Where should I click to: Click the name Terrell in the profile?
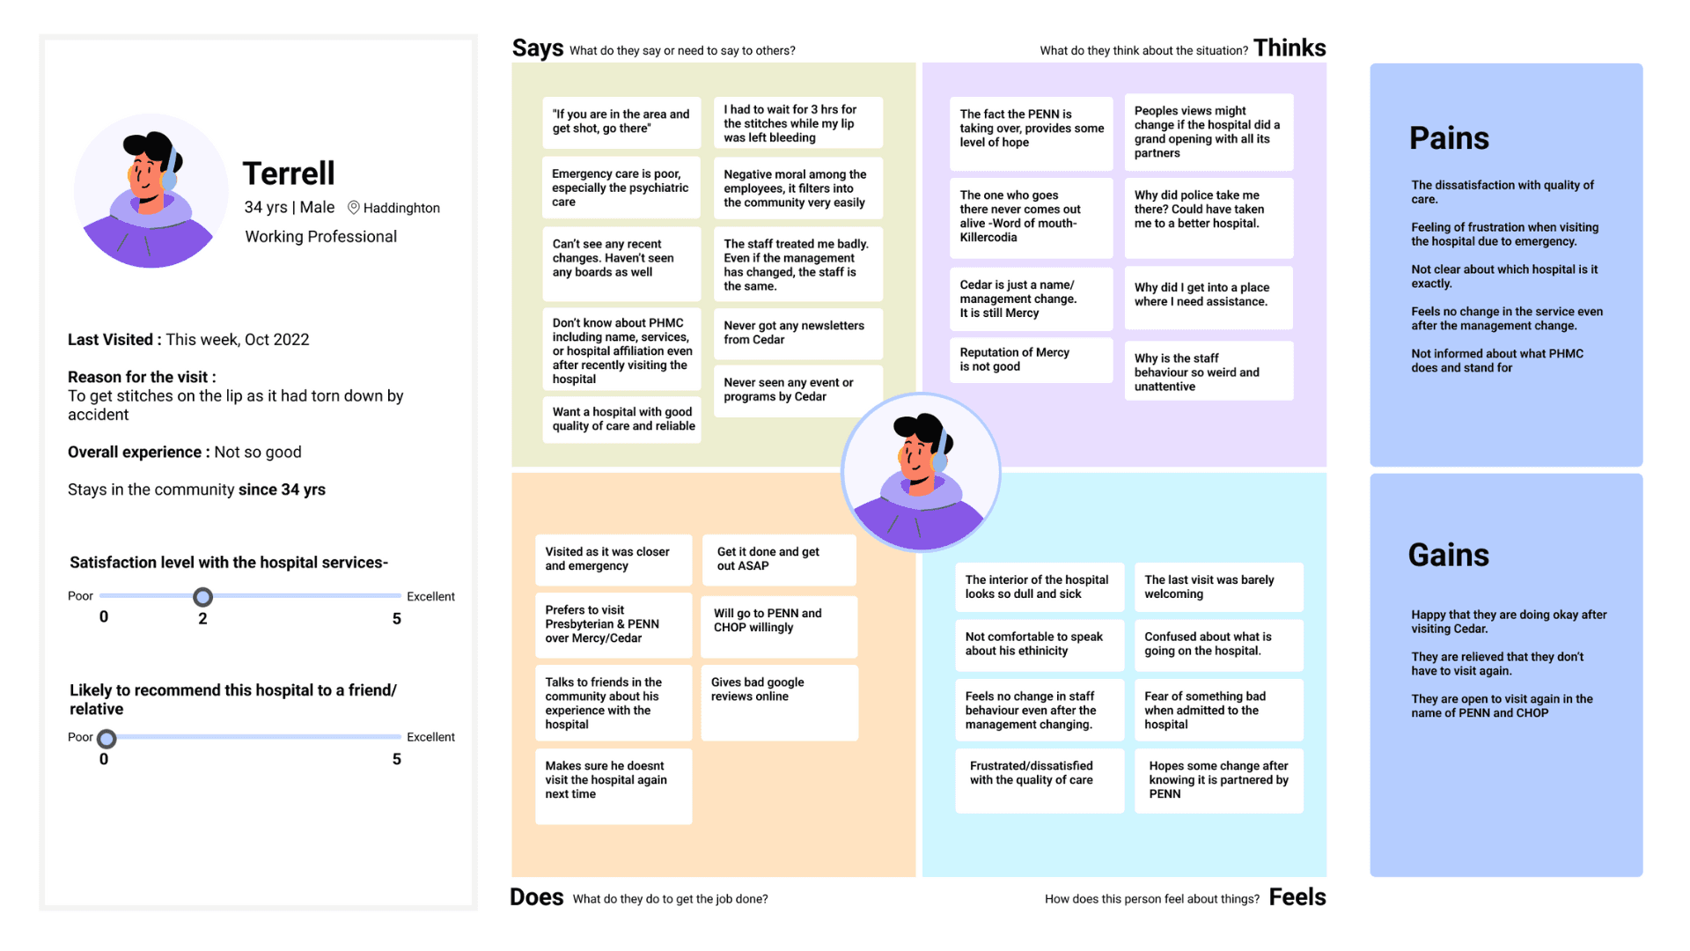pos(289,173)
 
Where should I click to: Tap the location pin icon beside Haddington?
pos(354,208)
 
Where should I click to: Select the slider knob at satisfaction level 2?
pos(202,597)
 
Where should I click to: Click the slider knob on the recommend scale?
pos(107,739)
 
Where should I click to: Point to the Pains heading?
pos(1449,138)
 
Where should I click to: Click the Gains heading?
pos(1448,555)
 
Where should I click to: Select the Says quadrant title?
pos(537,48)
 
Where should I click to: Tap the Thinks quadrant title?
pos(1290,48)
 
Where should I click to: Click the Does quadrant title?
pos(536,897)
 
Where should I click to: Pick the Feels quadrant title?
pos(1297,897)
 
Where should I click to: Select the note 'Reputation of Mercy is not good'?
pos(1030,359)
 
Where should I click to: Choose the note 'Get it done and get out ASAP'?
pos(778,559)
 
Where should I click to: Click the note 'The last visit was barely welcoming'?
pos(1218,587)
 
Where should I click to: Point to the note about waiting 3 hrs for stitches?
pos(797,123)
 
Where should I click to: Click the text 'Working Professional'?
pos(320,237)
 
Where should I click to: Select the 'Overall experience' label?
pos(138,453)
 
